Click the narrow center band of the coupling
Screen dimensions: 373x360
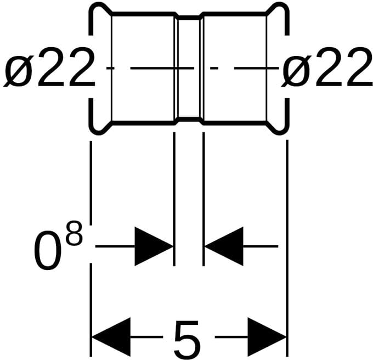(189, 69)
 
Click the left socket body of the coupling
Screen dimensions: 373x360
(143, 69)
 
